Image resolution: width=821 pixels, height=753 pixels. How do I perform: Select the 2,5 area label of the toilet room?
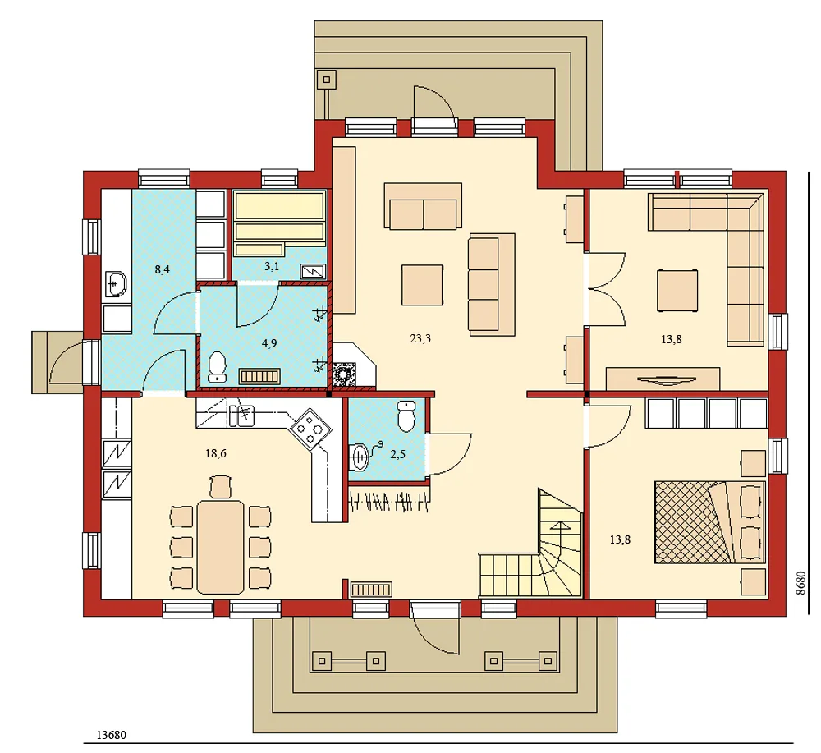pyautogui.click(x=397, y=454)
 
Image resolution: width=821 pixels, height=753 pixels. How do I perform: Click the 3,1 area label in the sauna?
pyautogui.click(x=270, y=266)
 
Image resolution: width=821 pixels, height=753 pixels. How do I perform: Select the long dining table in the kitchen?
pyautogui.click(x=220, y=544)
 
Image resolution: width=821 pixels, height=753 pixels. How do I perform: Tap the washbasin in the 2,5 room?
pyautogui.click(x=359, y=454)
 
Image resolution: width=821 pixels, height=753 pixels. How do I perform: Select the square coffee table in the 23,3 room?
pyautogui.click(x=422, y=284)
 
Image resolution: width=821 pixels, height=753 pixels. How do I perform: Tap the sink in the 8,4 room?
pyautogui.click(x=116, y=284)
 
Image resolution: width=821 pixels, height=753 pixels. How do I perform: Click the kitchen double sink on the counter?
pyautogui.click(x=241, y=416)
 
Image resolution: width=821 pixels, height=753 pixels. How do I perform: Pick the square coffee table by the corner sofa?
pyautogui.click(x=678, y=291)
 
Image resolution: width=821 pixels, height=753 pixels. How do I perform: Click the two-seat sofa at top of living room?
pyautogui.click(x=423, y=206)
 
